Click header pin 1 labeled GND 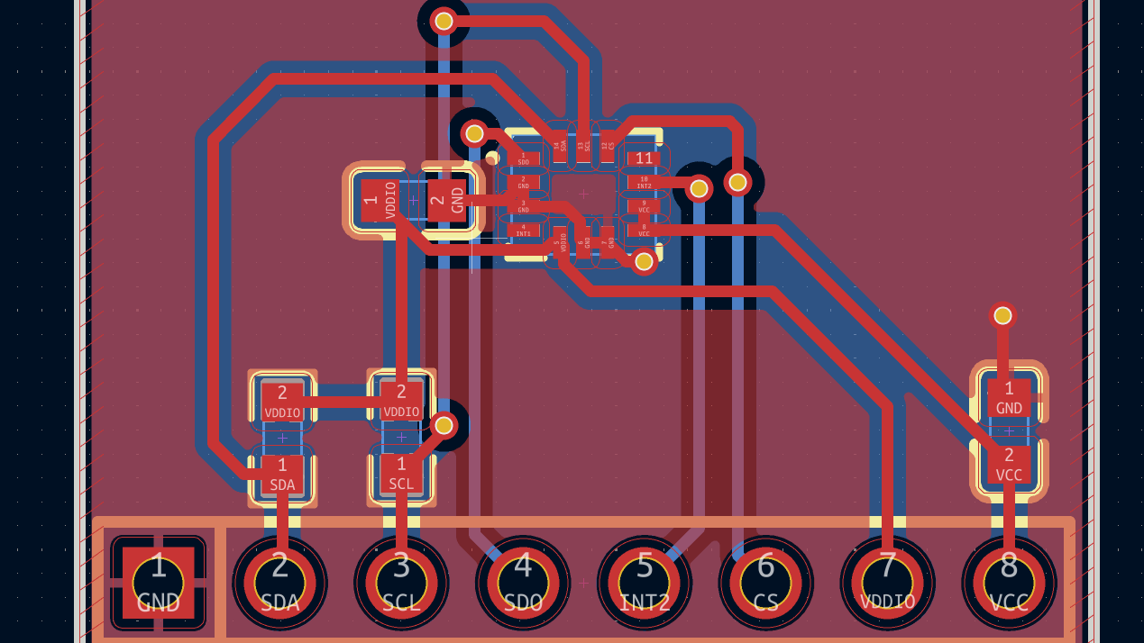pyautogui.click(x=159, y=582)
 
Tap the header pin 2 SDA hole pyautogui.click(x=280, y=582)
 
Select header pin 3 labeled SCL pyautogui.click(x=401, y=582)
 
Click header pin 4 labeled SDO pyautogui.click(x=523, y=582)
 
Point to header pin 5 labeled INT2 pyautogui.click(x=645, y=582)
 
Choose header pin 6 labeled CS pyautogui.click(x=765, y=582)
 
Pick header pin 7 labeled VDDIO pyautogui.click(x=887, y=582)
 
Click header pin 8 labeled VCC pyautogui.click(x=1009, y=582)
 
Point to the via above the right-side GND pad pyautogui.click(x=1002, y=315)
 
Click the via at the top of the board pyautogui.click(x=444, y=21)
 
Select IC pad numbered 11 pyautogui.click(x=644, y=158)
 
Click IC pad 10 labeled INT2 pyautogui.click(x=644, y=182)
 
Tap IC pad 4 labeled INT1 pyautogui.click(x=523, y=230)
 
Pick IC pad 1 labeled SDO pyautogui.click(x=523, y=158)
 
